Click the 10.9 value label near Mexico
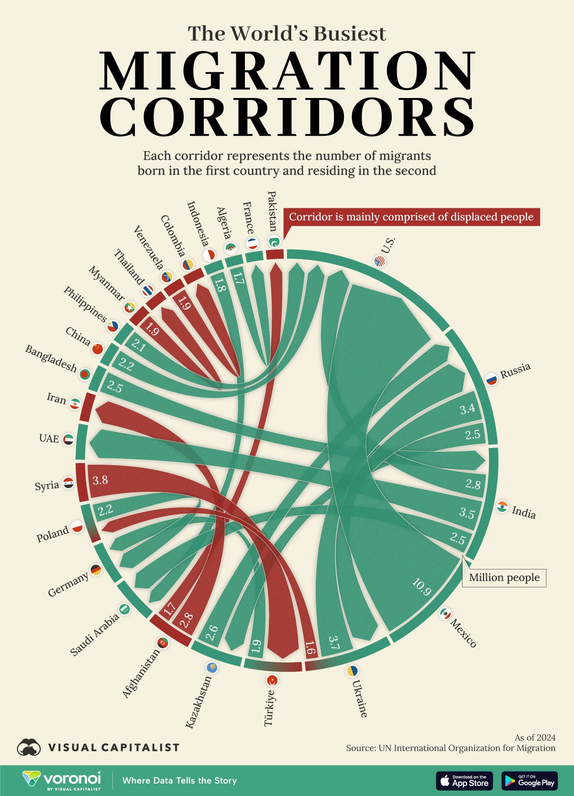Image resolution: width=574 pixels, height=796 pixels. pos(421,588)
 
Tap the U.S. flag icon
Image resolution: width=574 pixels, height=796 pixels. pos(379,261)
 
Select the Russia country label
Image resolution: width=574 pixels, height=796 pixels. pos(515,371)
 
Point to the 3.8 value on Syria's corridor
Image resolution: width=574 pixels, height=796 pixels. pos(100,480)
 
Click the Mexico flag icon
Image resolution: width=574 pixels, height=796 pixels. pos(445,613)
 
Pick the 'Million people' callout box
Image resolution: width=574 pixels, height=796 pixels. pos(504,578)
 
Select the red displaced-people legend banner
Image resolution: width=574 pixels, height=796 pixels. pos(411,217)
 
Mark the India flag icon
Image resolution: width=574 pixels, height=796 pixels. pos(502,507)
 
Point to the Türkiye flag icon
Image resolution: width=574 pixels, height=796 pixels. pos(273,680)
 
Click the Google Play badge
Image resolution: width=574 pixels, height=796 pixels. pos(530,781)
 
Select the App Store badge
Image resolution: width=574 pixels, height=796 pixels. pos(464,781)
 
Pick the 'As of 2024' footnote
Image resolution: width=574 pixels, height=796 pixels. pos(535,738)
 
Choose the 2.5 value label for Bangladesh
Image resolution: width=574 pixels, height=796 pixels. pos(115,387)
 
